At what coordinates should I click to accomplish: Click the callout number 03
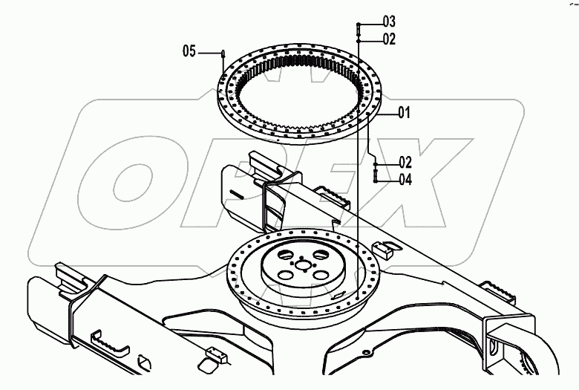pos(389,20)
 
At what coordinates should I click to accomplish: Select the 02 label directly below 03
pos(389,38)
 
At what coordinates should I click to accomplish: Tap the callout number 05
pos(189,51)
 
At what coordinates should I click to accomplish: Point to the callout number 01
pos(404,113)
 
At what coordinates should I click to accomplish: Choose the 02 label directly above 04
pos(405,161)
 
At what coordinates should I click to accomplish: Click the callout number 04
pos(405,179)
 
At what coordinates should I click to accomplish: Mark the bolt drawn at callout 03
pos(358,29)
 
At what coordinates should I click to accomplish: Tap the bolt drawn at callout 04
pos(376,175)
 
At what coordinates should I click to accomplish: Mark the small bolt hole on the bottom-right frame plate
pos(364,345)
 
